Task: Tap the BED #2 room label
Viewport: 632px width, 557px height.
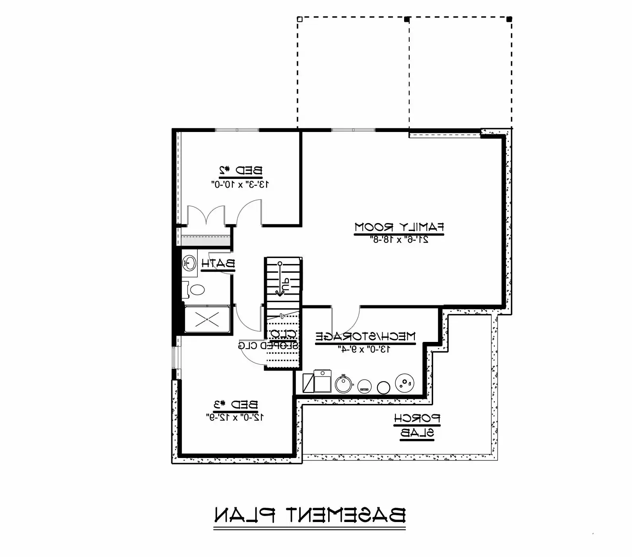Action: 241,171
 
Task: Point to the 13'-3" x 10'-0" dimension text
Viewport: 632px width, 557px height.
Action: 240,184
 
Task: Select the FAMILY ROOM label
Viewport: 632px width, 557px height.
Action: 399,227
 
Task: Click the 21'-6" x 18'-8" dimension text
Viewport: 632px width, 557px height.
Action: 399,239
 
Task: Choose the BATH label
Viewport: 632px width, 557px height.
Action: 218,263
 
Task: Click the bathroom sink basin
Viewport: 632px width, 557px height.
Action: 189,263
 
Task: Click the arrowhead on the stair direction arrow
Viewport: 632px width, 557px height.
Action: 280,293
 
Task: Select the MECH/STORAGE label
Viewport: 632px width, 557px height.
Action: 366,336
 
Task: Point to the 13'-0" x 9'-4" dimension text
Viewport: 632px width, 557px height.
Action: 364,349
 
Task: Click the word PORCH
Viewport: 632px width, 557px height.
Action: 417,419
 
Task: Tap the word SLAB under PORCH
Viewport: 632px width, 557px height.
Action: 417,433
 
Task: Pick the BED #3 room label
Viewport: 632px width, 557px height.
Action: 236,405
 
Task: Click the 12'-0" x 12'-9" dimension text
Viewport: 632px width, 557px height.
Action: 235,417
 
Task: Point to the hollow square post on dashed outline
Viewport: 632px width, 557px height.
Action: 300,19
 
